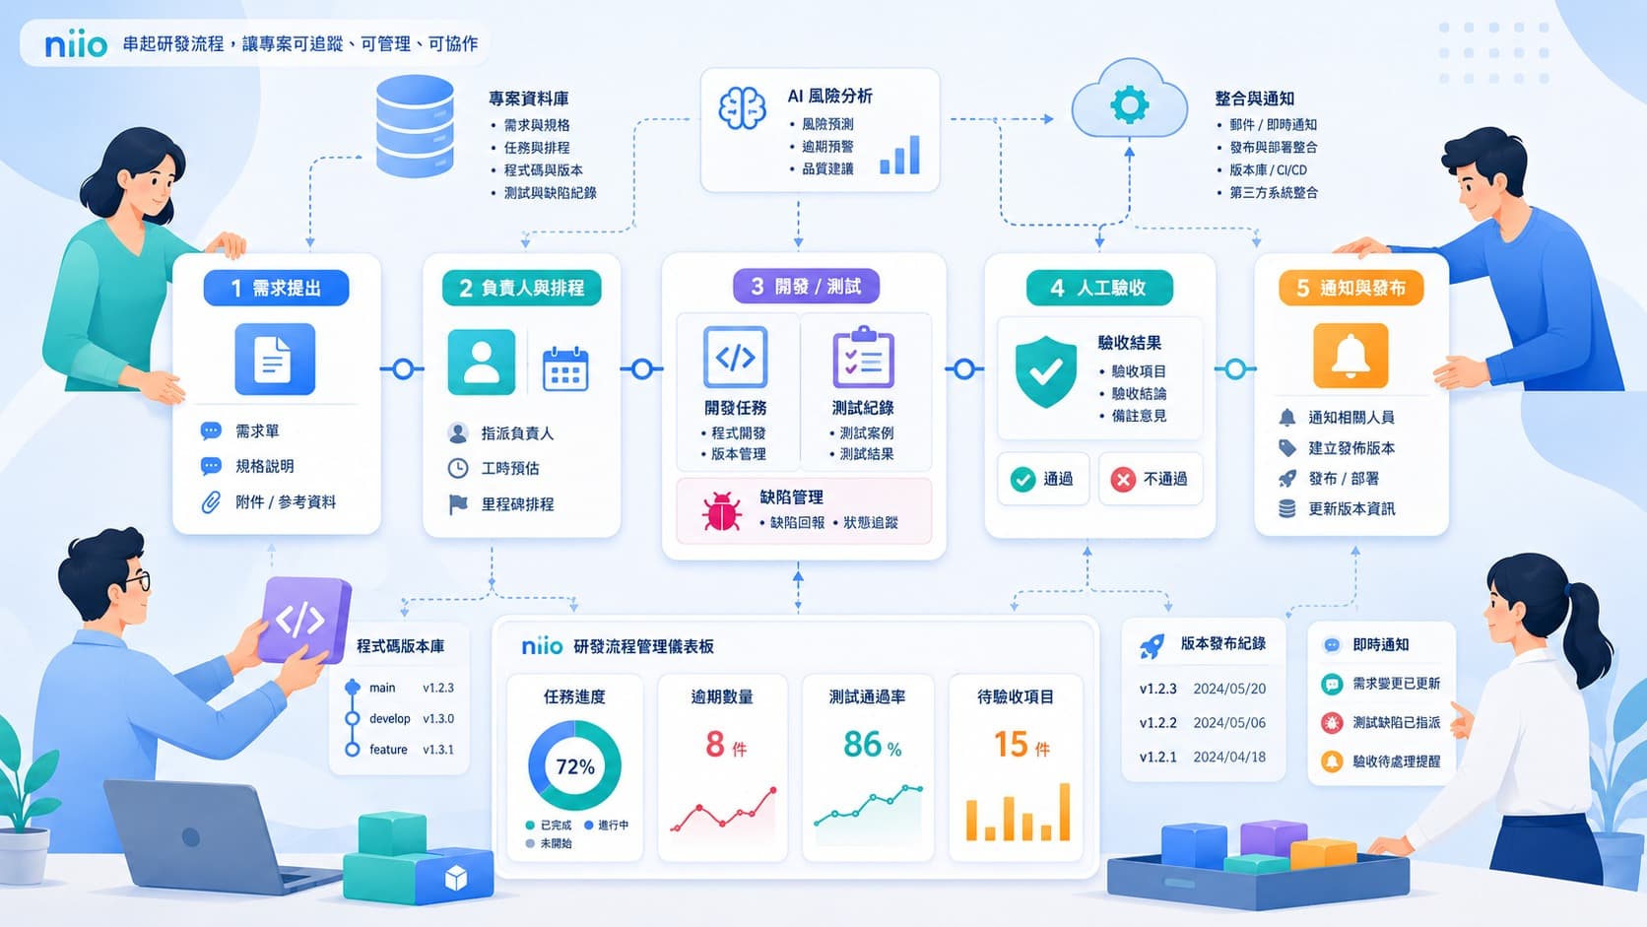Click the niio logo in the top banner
point(76,45)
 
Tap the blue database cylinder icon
point(415,126)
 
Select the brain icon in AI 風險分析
point(742,108)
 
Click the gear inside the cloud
point(1130,104)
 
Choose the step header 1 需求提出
point(277,288)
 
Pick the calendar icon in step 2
point(565,368)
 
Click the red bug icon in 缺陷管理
point(721,511)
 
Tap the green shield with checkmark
point(1045,371)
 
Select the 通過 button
point(1042,480)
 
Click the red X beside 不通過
point(1123,480)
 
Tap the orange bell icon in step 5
point(1350,356)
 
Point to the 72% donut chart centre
point(575,766)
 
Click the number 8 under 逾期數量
point(715,744)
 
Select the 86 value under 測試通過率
point(863,744)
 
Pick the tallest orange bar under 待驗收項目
point(1064,812)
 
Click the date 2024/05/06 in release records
point(1229,723)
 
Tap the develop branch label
point(390,718)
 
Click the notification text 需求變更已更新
point(1396,684)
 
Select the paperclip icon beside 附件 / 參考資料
point(211,502)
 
